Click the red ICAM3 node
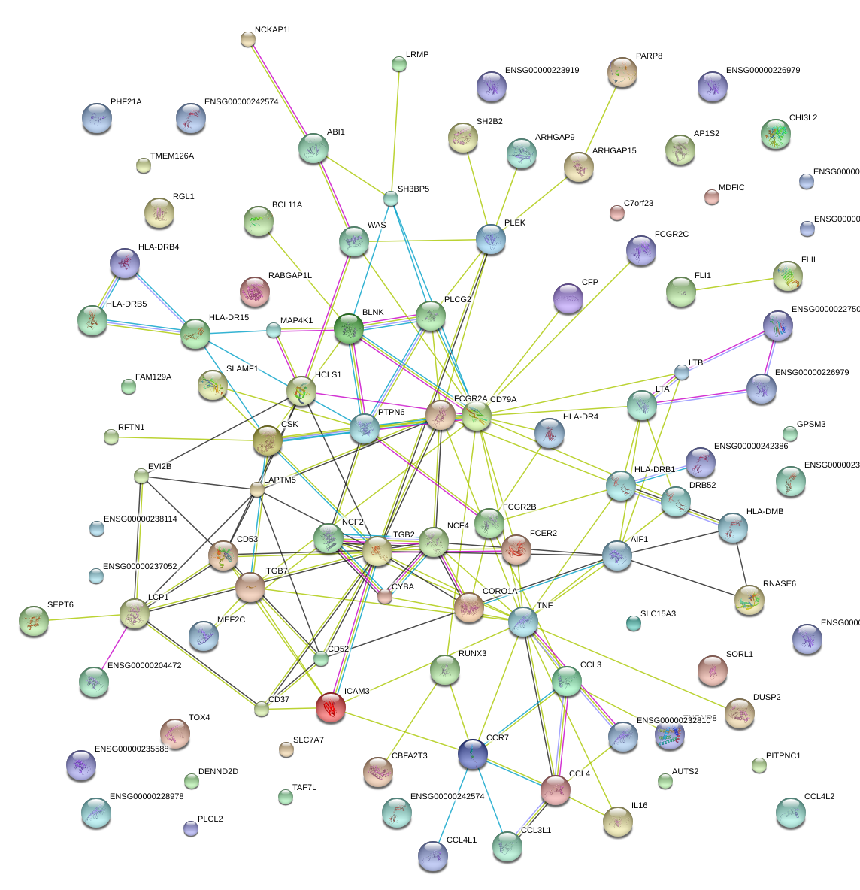330,707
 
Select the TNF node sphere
523,622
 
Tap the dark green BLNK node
349,329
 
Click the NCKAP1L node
248,40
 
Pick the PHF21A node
96,118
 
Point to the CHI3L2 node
775,134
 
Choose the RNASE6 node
749,600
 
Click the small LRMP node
399,65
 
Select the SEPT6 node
33,621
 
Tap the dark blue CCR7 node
473,754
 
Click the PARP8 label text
649,56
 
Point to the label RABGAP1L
289,276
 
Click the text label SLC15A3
658,614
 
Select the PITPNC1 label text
783,756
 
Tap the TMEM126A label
171,156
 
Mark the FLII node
787,276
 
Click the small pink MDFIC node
711,198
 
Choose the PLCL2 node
191,829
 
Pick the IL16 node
617,822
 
